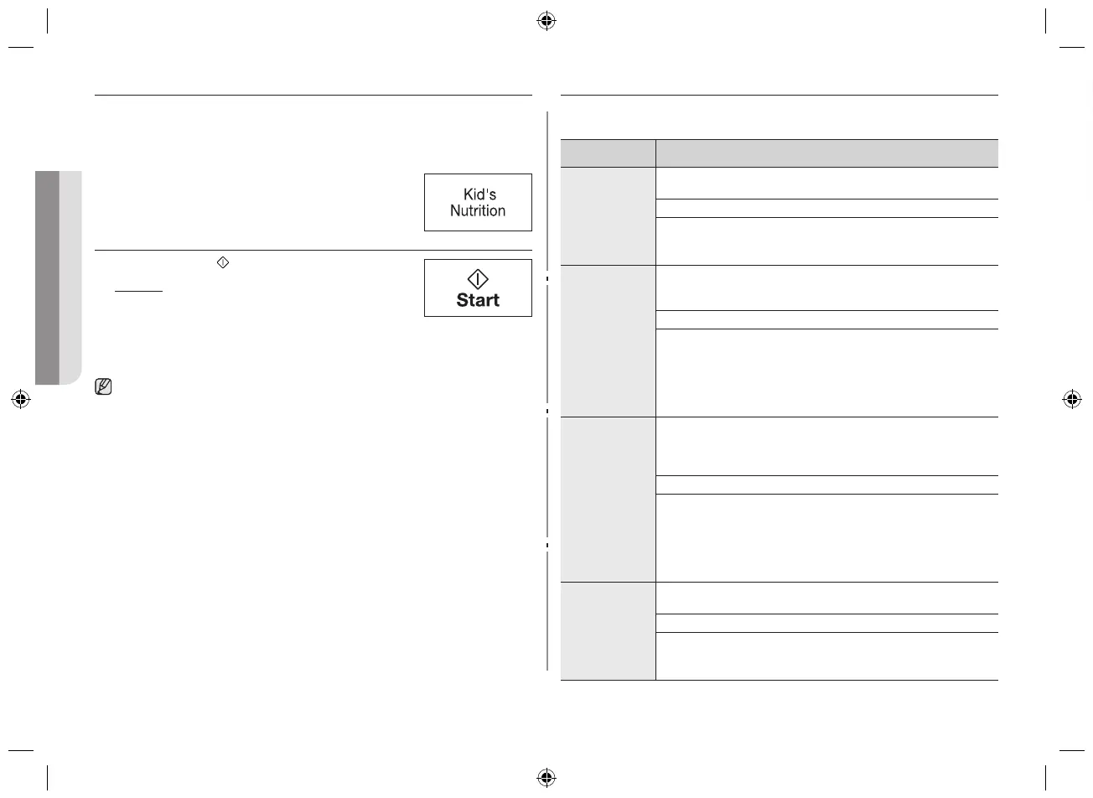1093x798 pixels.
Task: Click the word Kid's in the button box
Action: coord(479,194)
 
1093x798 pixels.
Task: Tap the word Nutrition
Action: coord(478,211)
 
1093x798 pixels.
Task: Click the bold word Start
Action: coord(478,300)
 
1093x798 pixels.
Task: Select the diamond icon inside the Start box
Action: coord(478,279)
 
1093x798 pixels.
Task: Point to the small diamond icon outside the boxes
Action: coord(222,262)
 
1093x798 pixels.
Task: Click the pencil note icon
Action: coord(105,387)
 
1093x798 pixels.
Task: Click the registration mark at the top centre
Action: coord(546,21)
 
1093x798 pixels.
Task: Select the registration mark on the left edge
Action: coord(21,399)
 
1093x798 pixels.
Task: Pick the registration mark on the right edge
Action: coord(1071,399)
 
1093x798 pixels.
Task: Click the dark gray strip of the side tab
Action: coord(47,277)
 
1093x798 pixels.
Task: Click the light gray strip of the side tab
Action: coord(71,277)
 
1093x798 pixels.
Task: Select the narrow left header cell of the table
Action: coord(608,153)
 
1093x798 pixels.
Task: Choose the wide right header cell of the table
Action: coord(826,153)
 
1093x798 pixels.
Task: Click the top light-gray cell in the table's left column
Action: coord(608,216)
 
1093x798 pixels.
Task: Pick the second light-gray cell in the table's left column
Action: coord(608,341)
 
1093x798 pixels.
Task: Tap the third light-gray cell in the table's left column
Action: coord(608,500)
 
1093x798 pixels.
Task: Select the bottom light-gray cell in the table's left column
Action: coord(608,631)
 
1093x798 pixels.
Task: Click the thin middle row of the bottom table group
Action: coord(826,623)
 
